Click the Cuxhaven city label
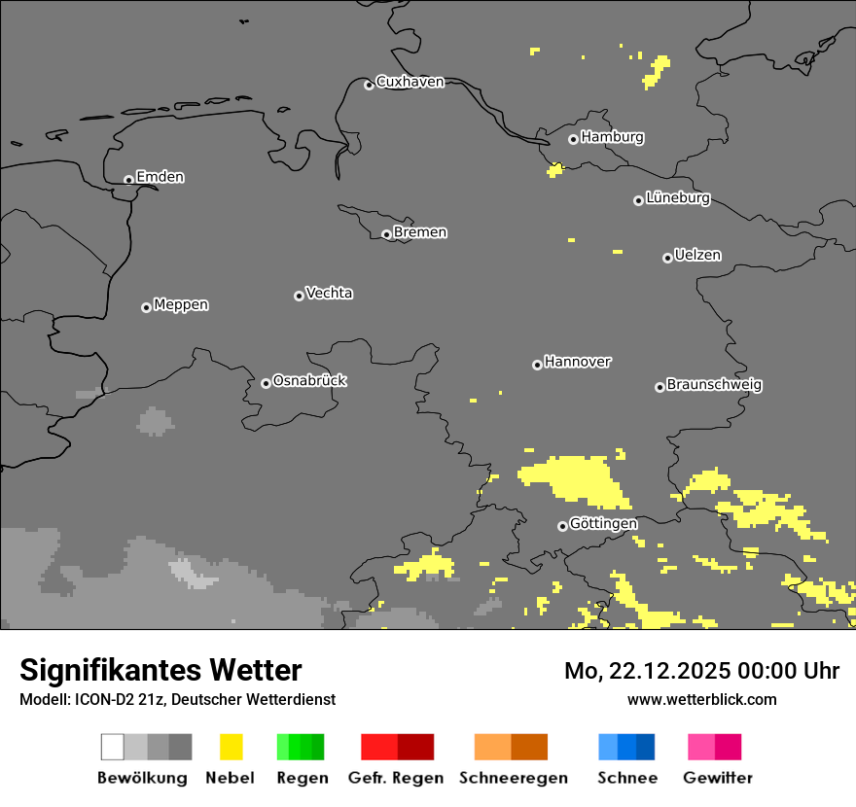tap(410, 82)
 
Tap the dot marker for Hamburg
tap(573, 139)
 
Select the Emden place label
tap(160, 177)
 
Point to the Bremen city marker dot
tap(386, 234)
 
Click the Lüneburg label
tap(678, 198)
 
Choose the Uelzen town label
tap(697, 256)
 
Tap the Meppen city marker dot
tap(146, 307)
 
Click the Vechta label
tap(329, 293)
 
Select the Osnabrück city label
tap(309, 381)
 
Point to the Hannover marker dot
tap(537, 365)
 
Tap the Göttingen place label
tap(603, 524)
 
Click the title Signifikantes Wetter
tap(160, 670)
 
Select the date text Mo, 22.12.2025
tap(647, 671)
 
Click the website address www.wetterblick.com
tap(701, 699)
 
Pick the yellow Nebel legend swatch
tap(231, 747)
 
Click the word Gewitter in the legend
tap(717, 778)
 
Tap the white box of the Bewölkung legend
tap(113, 747)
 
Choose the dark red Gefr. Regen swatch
tap(415, 747)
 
